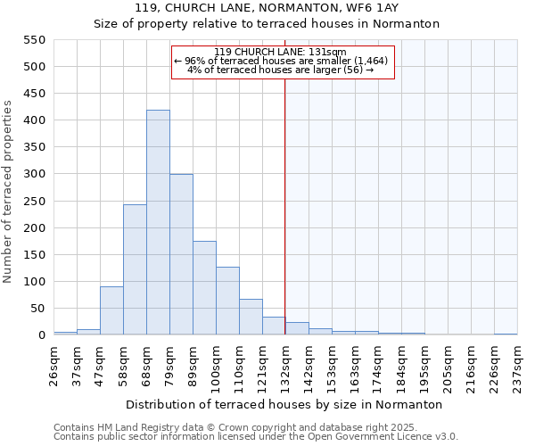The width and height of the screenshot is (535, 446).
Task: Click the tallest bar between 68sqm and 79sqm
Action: [x=158, y=223]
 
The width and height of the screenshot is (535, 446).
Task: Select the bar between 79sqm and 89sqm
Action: [x=181, y=255]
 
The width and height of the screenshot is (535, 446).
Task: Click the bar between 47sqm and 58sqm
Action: [x=111, y=310]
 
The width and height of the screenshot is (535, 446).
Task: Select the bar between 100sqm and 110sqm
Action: [x=227, y=301]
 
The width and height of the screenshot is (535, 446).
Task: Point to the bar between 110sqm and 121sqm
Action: [x=251, y=318]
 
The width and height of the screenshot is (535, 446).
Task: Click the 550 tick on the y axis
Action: [x=34, y=40]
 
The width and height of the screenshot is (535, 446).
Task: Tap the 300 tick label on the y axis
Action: [x=34, y=174]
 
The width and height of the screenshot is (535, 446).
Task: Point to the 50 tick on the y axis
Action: [x=37, y=309]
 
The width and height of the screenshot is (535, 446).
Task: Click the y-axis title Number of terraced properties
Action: [x=8, y=192]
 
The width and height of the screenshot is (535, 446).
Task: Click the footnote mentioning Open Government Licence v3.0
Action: [x=256, y=437]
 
